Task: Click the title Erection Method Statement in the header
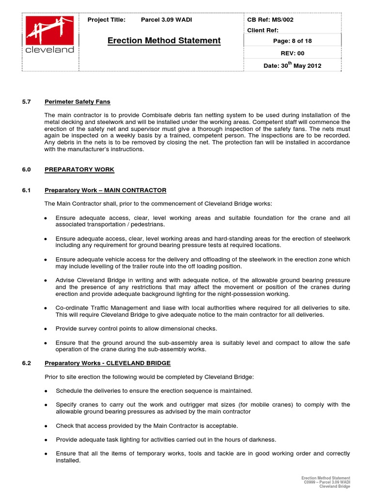(164, 41)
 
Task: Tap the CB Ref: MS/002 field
(270, 20)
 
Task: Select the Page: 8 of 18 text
(292, 41)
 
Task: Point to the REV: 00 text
(293, 53)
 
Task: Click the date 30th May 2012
(292, 65)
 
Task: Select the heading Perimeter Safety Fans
(77, 102)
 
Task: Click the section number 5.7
(27, 102)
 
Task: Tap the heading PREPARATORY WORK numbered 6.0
(79, 170)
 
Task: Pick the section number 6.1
(27, 190)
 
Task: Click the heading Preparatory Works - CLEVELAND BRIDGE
(108, 363)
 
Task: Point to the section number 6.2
(27, 363)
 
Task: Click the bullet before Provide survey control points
(46, 329)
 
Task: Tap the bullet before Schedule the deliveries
(46, 391)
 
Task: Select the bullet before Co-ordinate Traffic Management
(46, 309)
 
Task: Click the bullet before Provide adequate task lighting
(46, 440)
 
